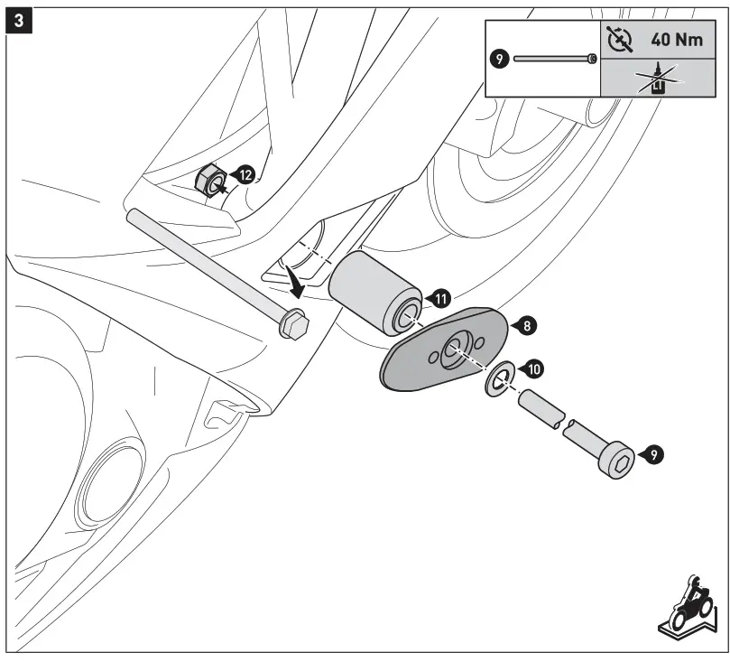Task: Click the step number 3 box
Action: [x=19, y=19]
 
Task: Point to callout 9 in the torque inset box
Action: [x=499, y=58]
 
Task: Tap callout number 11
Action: [x=440, y=298]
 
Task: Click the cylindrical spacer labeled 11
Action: [x=374, y=291]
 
